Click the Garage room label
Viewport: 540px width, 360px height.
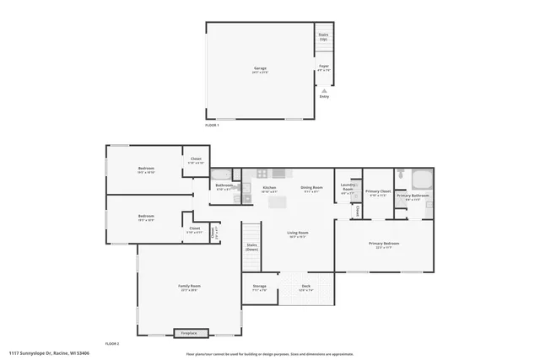point(260,69)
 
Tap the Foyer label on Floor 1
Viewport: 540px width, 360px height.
point(324,67)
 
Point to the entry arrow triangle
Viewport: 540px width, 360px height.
point(324,89)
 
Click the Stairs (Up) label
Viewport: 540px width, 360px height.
point(323,37)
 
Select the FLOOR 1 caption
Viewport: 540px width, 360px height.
point(212,125)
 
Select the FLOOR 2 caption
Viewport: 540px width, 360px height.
point(112,344)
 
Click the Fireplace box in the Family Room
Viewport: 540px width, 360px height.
point(189,333)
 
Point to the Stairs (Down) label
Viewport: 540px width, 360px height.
point(251,248)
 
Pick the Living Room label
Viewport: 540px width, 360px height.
point(297,234)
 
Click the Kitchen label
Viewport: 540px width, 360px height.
point(269,188)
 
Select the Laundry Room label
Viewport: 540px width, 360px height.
point(348,187)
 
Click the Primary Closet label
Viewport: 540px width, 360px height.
point(378,192)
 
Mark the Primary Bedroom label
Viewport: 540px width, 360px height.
point(384,244)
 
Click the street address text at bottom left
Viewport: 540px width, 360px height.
point(50,354)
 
